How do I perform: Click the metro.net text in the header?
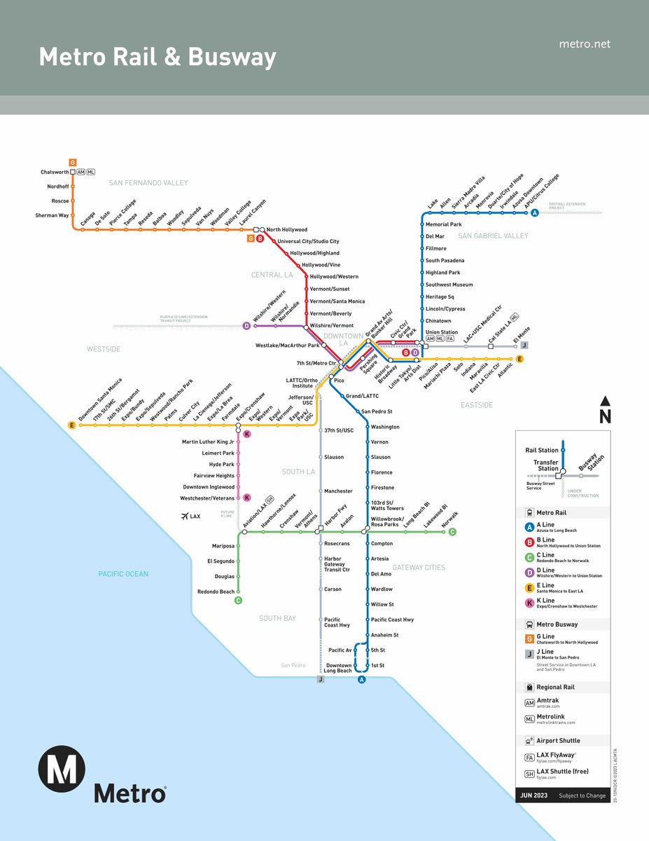pyautogui.click(x=585, y=44)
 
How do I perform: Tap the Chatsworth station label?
pyautogui.click(x=55, y=172)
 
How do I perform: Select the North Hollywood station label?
pyautogui.click(x=286, y=230)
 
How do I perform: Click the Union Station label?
pyautogui.click(x=441, y=332)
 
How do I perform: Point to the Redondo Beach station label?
pyautogui.click(x=216, y=592)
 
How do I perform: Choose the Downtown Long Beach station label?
pyautogui.click(x=338, y=668)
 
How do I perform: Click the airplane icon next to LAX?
pyautogui.click(x=185, y=517)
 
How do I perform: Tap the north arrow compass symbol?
pyautogui.click(x=606, y=409)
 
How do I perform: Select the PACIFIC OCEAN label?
pyautogui.click(x=123, y=574)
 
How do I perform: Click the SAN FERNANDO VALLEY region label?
pyautogui.click(x=148, y=183)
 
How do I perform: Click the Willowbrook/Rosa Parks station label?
pyautogui.click(x=385, y=522)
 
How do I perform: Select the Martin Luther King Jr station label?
pyautogui.click(x=208, y=442)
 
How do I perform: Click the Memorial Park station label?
pyautogui.click(x=443, y=224)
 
